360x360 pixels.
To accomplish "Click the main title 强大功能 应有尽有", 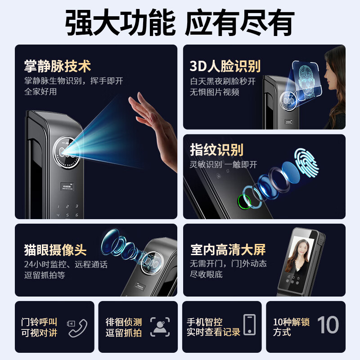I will coord(180,22).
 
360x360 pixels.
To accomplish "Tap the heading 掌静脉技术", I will coord(58,67).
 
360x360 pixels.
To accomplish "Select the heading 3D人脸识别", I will coord(225,67).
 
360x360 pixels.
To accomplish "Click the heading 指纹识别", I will coord(216,150).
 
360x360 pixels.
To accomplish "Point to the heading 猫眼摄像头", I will coord(55,250).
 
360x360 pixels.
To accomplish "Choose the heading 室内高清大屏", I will coord(228,250).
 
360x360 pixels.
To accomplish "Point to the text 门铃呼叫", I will coord(39,322).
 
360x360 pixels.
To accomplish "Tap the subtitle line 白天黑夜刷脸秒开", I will coord(222,81).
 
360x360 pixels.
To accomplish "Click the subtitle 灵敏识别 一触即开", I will coord(223,165).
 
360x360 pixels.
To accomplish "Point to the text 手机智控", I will coord(205,322).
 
